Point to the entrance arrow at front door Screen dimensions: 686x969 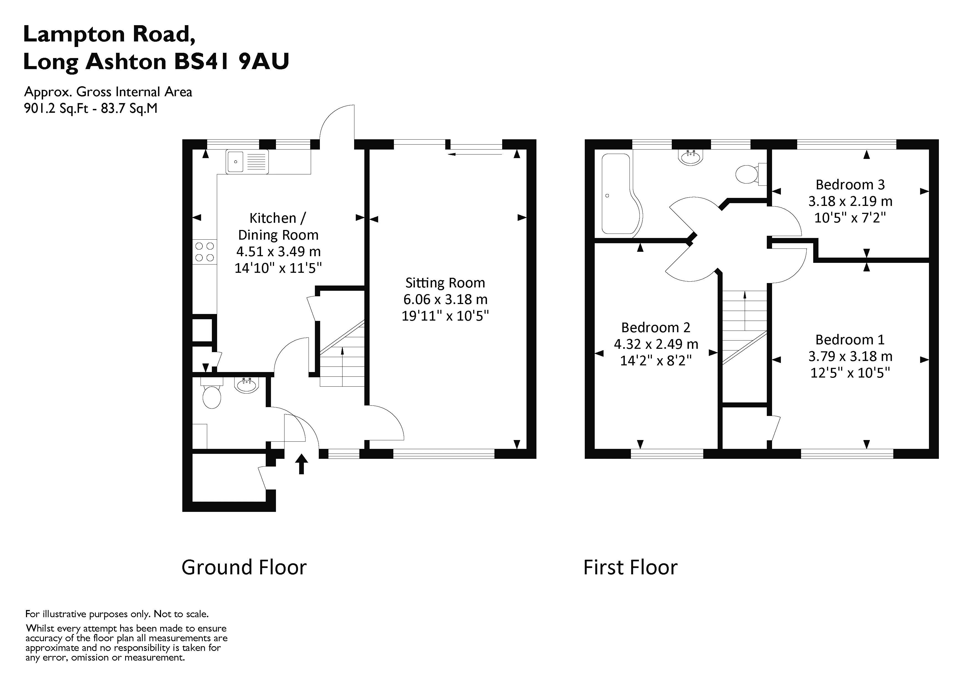click(x=301, y=464)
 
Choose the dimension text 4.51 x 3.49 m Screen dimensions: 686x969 click(x=278, y=251)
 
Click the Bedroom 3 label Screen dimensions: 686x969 click(x=850, y=185)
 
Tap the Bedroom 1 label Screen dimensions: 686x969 click(x=850, y=340)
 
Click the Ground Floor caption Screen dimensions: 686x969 click(x=244, y=567)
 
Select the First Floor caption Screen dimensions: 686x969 click(x=630, y=567)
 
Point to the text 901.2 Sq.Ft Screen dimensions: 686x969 click(x=56, y=109)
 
